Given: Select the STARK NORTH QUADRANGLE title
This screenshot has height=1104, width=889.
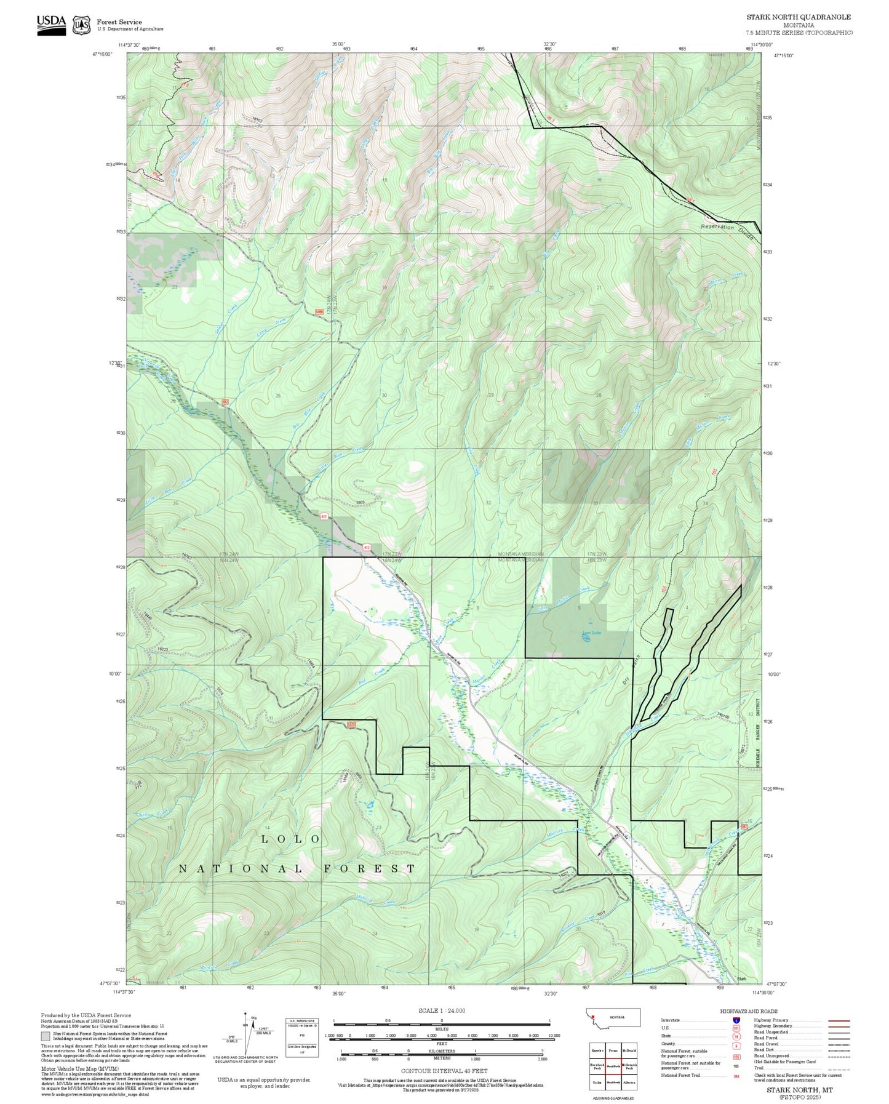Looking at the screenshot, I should pyautogui.click(x=799, y=17).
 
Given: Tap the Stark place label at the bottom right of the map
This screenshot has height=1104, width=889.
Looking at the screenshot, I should pyautogui.click(x=741, y=979).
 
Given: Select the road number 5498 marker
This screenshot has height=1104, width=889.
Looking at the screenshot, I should pyautogui.click(x=319, y=312).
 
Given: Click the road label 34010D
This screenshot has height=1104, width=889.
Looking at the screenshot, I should pyautogui.click(x=724, y=715).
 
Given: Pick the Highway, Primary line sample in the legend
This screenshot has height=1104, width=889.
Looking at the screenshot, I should pyautogui.click(x=839, y=1020).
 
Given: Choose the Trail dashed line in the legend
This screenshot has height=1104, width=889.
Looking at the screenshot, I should pyautogui.click(x=839, y=1068).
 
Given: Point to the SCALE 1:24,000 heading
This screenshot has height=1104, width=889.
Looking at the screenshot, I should pyautogui.click(x=442, y=1010).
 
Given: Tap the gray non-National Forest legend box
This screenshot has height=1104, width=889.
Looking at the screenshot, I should pyautogui.click(x=46, y=1036).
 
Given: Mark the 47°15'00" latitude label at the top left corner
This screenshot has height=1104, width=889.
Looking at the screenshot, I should pyautogui.click(x=103, y=54).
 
